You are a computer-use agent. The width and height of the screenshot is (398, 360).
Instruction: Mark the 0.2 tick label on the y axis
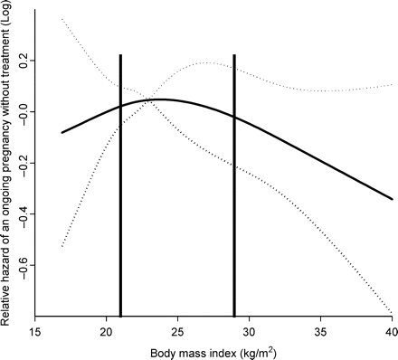[x=22, y=60]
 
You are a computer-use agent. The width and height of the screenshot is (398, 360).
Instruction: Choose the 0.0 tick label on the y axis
[x=22, y=111]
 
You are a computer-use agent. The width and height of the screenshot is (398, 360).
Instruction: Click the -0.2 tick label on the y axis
[x=22, y=163]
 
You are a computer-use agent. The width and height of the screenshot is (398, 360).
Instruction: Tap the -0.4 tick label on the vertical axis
[x=22, y=214]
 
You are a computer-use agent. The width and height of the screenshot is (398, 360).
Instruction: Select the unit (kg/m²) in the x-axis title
[x=260, y=347]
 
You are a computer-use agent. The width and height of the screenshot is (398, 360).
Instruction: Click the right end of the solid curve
[x=392, y=199]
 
